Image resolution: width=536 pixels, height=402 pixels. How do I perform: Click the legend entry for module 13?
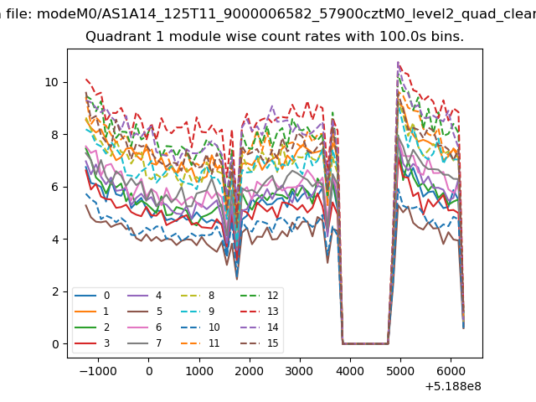[259, 311]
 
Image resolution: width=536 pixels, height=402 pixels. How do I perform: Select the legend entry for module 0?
[92, 296]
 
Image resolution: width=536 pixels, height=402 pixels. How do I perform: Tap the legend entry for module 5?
[145, 311]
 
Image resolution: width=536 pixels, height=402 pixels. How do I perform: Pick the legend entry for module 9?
[198, 311]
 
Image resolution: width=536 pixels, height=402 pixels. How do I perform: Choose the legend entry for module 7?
[145, 343]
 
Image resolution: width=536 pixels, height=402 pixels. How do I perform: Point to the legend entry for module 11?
[199, 343]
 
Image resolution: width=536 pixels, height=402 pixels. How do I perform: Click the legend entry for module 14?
[259, 327]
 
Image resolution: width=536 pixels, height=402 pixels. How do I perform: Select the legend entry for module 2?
[92, 327]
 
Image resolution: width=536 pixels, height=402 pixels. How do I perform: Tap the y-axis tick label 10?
[52, 82]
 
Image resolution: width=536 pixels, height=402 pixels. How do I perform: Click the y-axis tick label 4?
[55, 240]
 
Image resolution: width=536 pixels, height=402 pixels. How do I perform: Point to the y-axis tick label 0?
[55, 344]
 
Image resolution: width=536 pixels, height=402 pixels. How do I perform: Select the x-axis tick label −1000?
[98, 371]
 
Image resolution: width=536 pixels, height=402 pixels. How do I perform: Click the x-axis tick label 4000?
[350, 371]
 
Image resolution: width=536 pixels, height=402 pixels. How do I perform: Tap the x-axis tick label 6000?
[451, 371]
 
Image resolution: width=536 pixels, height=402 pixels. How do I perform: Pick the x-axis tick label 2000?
[250, 371]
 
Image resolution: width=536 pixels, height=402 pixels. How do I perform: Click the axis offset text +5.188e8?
[453, 387]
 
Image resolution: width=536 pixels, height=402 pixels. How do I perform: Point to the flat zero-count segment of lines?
[365, 343]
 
